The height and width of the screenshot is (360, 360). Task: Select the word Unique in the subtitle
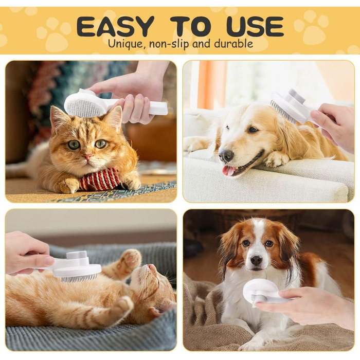125,44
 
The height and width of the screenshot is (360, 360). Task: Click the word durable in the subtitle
233,43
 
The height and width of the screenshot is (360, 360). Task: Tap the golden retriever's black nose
226,155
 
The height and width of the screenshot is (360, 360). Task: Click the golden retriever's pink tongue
229,171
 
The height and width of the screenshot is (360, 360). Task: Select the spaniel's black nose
256,260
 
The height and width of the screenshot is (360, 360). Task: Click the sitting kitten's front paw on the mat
66,185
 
